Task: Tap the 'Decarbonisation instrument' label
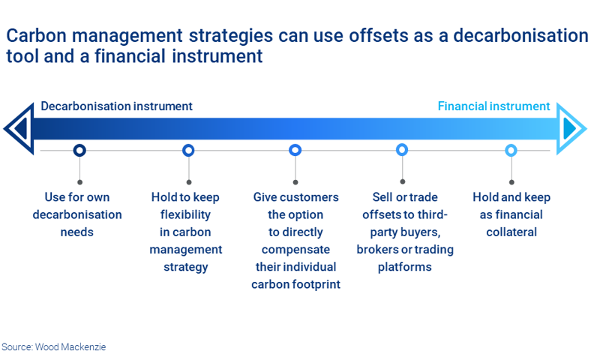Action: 116,106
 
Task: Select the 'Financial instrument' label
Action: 493,106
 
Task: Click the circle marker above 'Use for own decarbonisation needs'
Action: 79,150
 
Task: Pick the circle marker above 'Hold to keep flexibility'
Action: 188,150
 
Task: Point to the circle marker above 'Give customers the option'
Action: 295,150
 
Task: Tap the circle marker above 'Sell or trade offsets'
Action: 402,150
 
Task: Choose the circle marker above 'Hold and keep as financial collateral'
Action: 511,150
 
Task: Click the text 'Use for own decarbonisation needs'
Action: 77,214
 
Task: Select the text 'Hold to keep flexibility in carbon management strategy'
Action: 186,232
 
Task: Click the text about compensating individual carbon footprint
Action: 295,241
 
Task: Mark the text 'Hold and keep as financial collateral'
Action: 511,214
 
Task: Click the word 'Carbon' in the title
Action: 36,36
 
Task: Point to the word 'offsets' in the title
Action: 365,36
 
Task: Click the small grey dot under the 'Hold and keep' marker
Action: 511,181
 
